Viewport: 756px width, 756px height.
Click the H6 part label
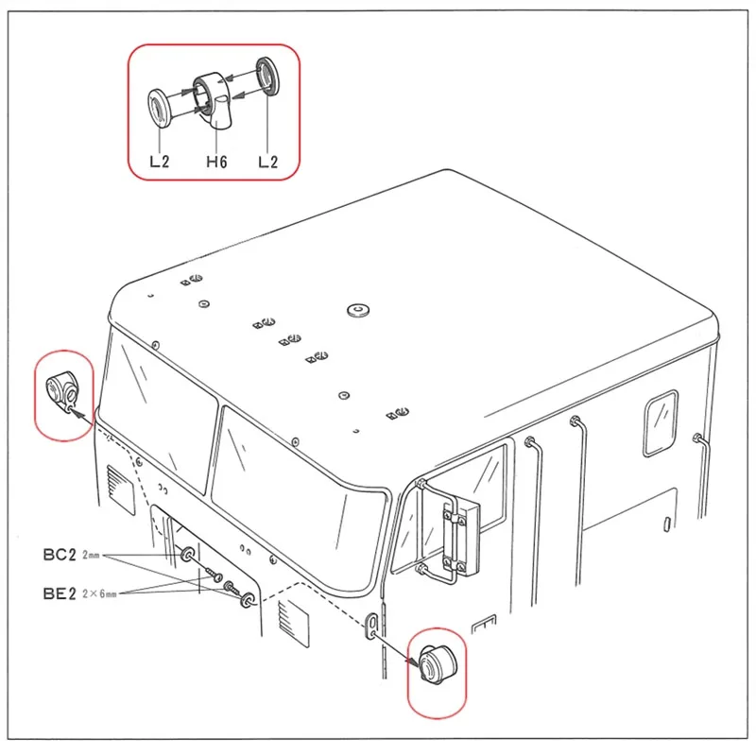coord(216,162)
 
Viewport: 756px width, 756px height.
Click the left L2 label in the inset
coord(160,162)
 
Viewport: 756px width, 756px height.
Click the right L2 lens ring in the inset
coord(267,76)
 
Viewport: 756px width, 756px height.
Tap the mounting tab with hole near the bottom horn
coord(372,625)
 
